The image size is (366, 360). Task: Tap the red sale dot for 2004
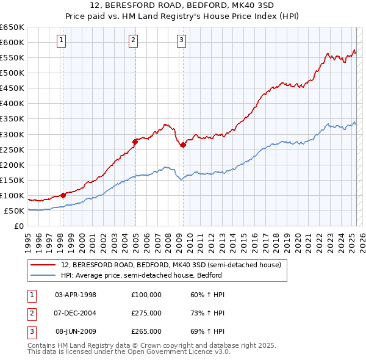click(x=135, y=142)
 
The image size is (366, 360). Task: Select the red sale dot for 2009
click(x=183, y=145)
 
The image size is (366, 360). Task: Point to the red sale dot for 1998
click(x=63, y=195)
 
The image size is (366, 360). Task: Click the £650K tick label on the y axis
click(x=12, y=27)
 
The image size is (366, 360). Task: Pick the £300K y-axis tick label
click(x=12, y=134)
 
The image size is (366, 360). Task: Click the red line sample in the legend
click(x=44, y=265)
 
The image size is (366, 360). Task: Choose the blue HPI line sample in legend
click(x=44, y=275)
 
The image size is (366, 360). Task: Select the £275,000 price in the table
click(x=146, y=313)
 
